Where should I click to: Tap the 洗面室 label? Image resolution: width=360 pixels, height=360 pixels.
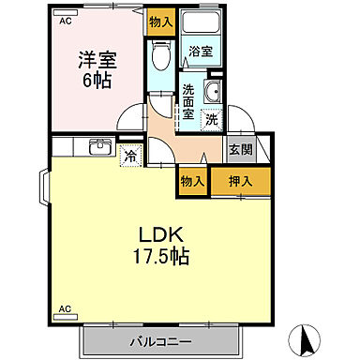[188, 102]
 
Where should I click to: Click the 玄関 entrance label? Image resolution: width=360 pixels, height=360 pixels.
[239, 149]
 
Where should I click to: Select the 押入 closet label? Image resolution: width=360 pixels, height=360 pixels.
[239, 181]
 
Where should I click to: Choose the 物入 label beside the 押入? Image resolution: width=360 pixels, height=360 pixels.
[193, 181]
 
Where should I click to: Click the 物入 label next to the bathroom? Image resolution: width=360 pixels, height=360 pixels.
[161, 22]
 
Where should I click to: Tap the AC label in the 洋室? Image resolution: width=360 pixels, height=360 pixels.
[65, 20]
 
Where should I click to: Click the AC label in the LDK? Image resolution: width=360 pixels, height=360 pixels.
[65, 307]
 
